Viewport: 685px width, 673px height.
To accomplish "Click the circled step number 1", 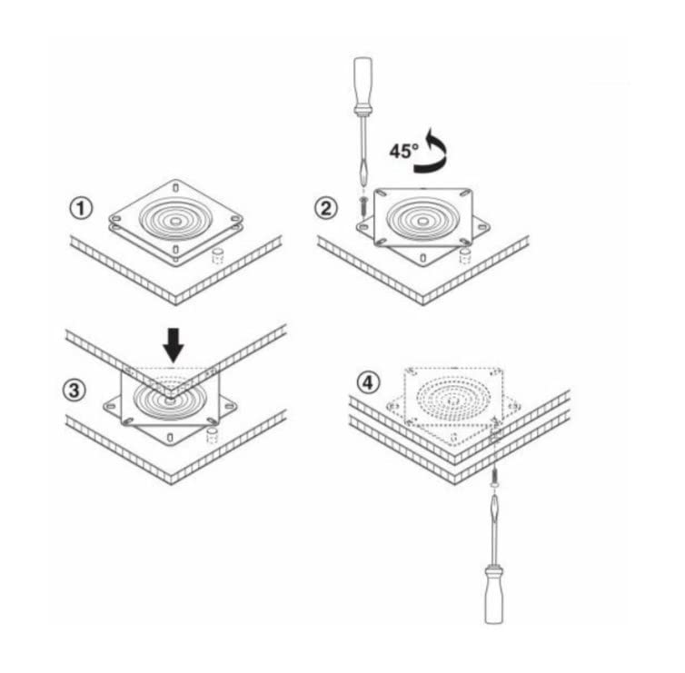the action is pyautogui.click(x=81, y=208).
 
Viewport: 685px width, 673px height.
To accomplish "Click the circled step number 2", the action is pyautogui.click(x=326, y=208).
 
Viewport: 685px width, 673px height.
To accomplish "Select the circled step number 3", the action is pyautogui.click(x=74, y=390).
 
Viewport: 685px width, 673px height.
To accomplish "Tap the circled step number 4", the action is pyautogui.click(x=368, y=383).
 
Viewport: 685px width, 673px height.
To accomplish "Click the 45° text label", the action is pyautogui.click(x=404, y=151).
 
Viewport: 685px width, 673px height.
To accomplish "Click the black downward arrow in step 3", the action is pyautogui.click(x=174, y=345).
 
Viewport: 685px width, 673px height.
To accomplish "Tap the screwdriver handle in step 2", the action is pyautogui.click(x=362, y=86).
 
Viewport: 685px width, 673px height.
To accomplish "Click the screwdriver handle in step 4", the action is pyautogui.click(x=494, y=593).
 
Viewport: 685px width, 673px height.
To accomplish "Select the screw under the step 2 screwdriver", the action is pyautogui.click(x=363, y=205).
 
